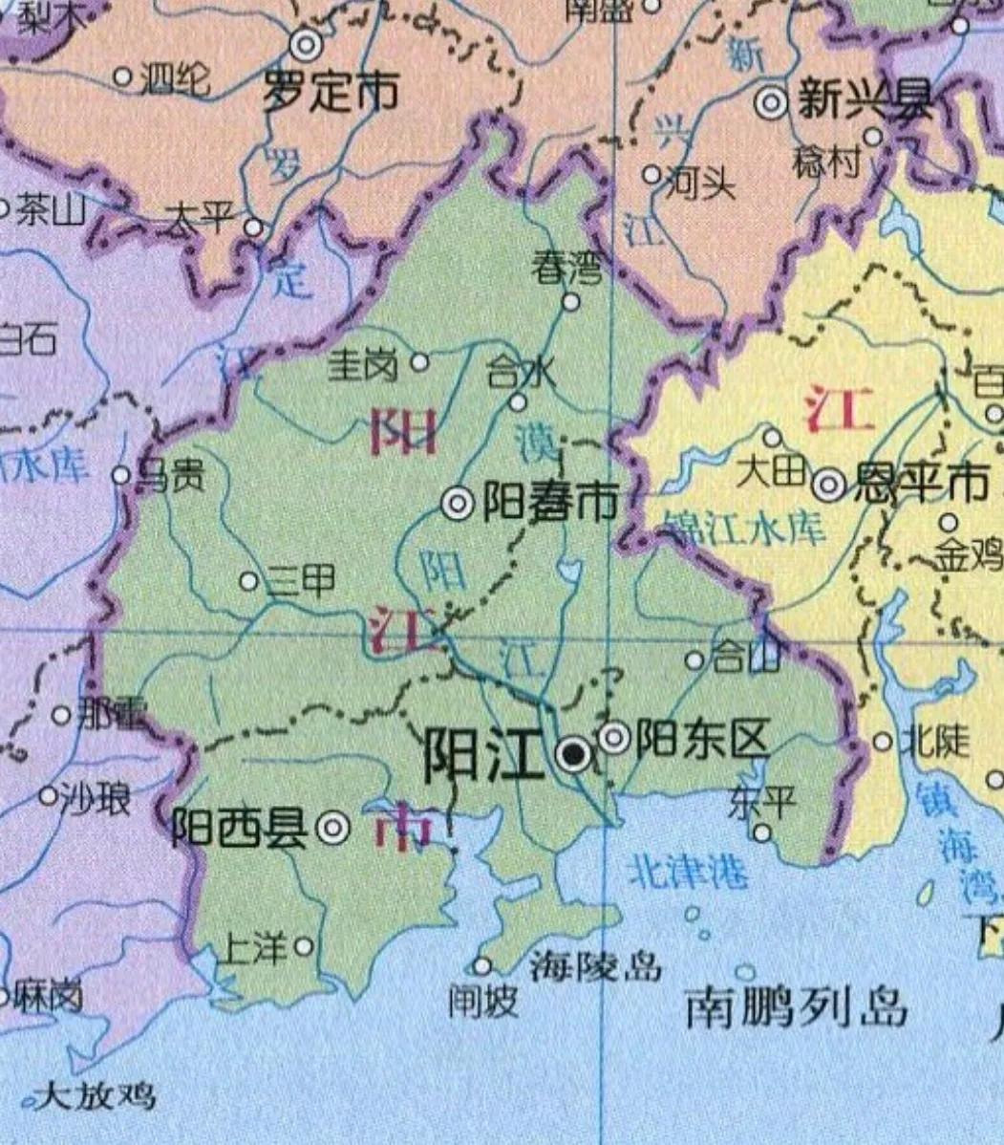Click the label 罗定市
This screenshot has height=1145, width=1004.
(x=331, y=93)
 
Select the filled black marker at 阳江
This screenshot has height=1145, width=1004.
(x=573, y=756)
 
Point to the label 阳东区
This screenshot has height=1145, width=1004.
(x=702, y=738)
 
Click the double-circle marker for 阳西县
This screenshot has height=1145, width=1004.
(x=332, y=828)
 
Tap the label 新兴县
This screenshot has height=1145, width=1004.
(x=865, y=101)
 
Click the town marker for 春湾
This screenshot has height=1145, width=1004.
(x=570, y=302)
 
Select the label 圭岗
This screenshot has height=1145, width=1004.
(x=363, y=364)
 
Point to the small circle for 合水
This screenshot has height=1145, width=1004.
(x=517, y=401)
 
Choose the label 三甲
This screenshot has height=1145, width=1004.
(x=300, y=581)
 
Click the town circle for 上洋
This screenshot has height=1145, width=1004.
(x=304, y=946)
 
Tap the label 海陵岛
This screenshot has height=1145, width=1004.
(x=596, y=966)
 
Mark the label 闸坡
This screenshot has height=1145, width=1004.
(x=483, y=1001)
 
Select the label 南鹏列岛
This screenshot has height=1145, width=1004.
(x=796, y=1008)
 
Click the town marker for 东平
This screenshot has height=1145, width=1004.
(x=761, y=832)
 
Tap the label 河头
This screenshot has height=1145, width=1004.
(x=699, y=182)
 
